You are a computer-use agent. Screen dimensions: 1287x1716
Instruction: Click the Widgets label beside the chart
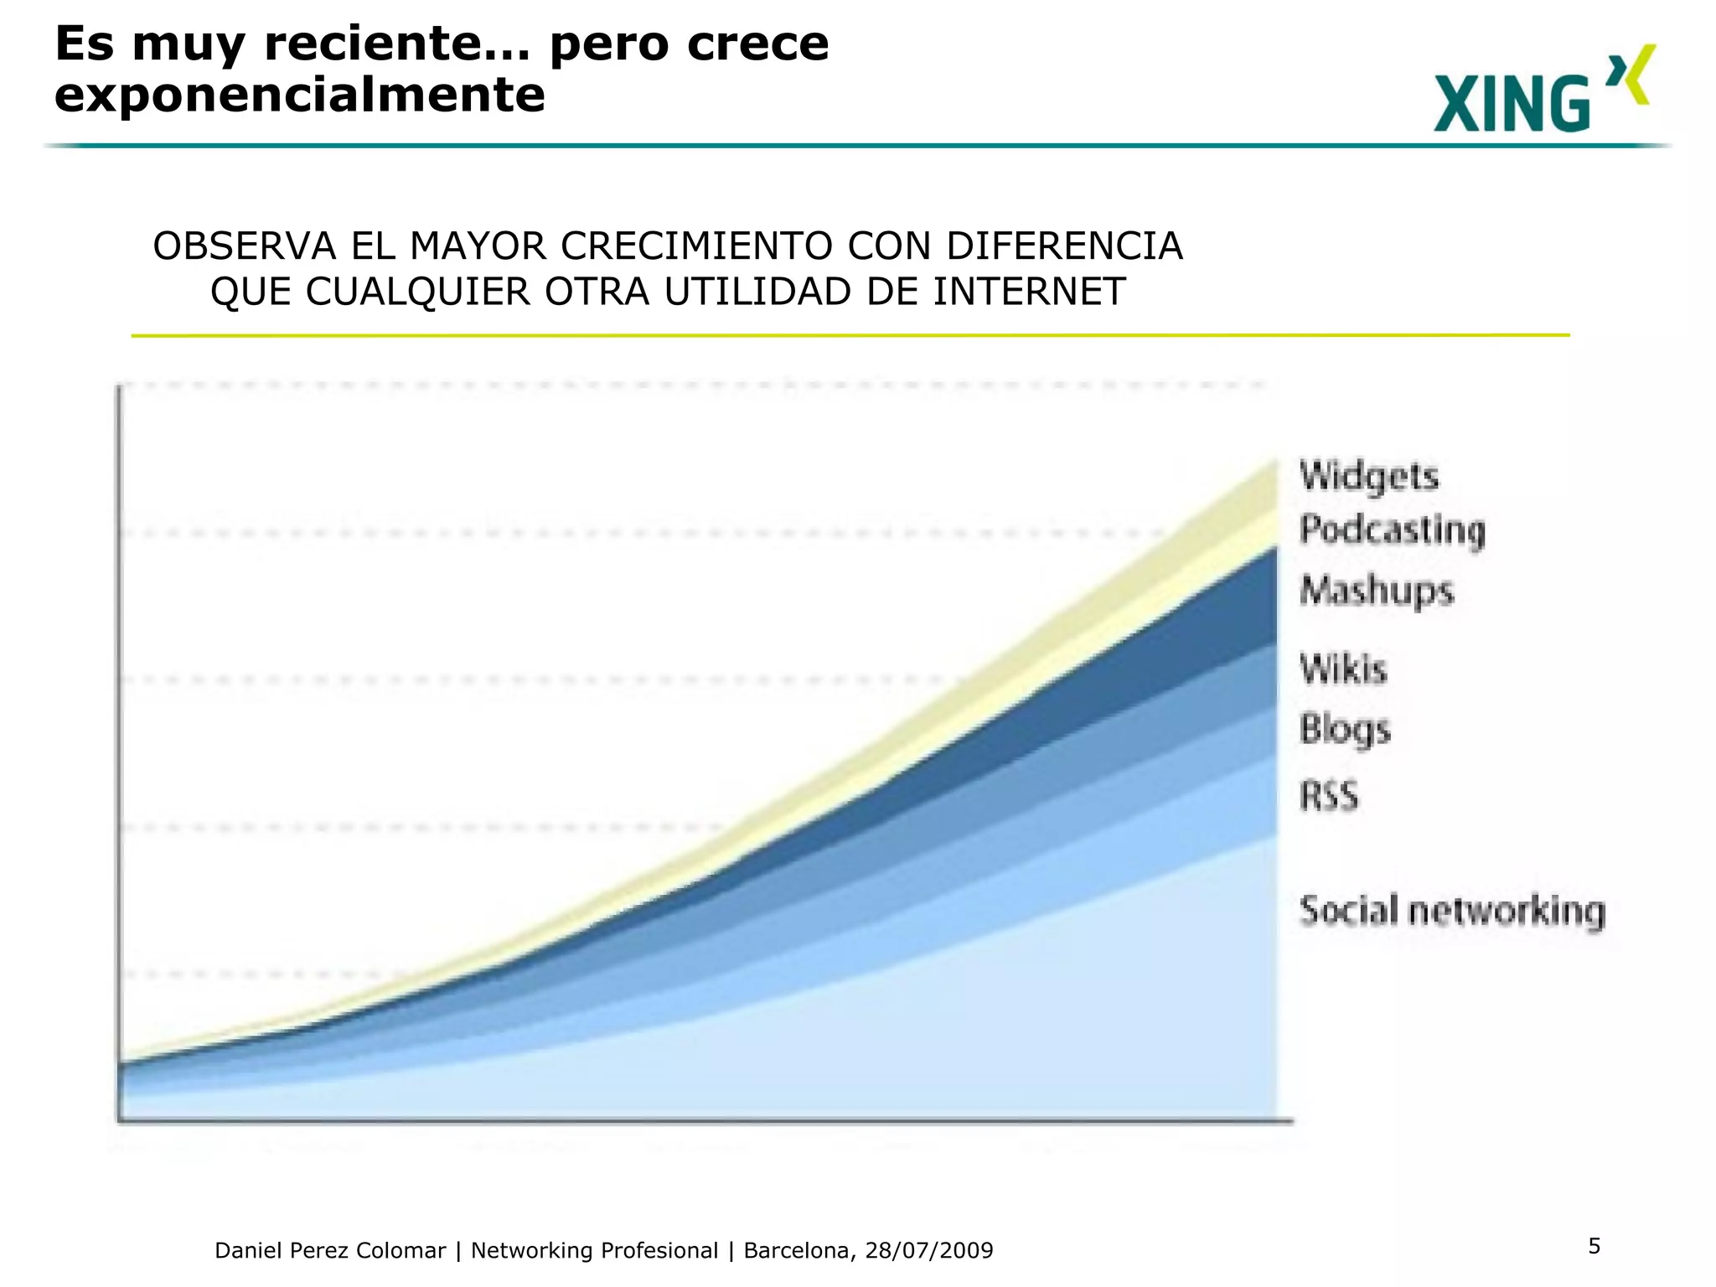[1368, 476]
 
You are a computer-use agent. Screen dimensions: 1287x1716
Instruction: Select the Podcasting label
[1392, 530]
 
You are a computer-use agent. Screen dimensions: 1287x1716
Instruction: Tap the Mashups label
[1377, 590]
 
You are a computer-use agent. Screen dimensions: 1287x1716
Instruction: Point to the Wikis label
[1343, 669]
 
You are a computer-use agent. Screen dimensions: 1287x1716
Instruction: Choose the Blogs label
[1345, 728]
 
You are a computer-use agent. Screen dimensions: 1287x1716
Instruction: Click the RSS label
[1329, 795]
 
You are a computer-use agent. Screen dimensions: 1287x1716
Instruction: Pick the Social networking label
[1452, 910]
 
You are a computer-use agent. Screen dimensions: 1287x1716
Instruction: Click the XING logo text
[1511, 104]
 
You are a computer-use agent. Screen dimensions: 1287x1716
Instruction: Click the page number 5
[1595, 1246]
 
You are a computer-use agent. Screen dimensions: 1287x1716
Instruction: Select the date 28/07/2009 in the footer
[928, 1251]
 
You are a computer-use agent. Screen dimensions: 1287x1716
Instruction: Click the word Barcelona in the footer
[799, 1251]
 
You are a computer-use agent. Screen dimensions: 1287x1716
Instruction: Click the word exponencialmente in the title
[299, 95]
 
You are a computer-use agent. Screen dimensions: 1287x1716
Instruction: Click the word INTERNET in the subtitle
[1029, 292]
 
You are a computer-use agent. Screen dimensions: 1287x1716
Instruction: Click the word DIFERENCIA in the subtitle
[1064, 246]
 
